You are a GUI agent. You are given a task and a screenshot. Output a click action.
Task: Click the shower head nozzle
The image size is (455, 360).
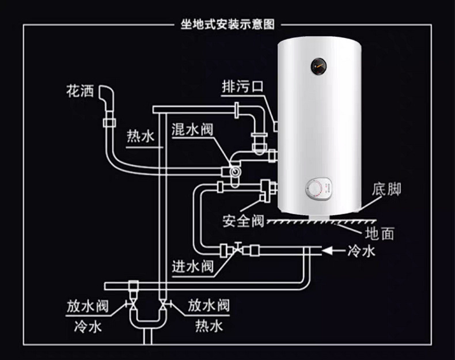106,92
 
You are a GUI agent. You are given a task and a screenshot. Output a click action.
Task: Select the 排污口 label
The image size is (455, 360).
242,87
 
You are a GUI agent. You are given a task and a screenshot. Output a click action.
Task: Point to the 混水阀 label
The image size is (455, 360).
192,128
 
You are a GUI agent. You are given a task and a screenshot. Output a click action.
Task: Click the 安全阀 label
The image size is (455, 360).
242,221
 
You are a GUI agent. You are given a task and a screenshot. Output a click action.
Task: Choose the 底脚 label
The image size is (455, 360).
386,190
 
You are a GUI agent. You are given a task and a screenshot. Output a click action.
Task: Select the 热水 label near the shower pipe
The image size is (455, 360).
140,137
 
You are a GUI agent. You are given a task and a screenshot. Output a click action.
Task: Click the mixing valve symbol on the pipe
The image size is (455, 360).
234,172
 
